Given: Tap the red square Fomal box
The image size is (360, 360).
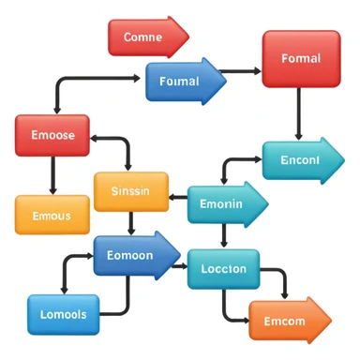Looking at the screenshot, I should pyautogui.click(x=300, y=58).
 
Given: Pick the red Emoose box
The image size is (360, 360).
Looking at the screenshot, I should pyautogui.click(x=52, y=135).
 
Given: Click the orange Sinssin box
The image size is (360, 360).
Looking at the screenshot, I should pyautogui.click(x=131, y=191).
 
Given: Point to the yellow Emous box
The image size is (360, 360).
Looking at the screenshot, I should pyautogui.click(x=52, y=215).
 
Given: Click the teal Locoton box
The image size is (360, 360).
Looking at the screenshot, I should pyautogui.click(x=224, y=269).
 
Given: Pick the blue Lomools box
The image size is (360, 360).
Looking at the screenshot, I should pyautogui.click(x=64, y=315).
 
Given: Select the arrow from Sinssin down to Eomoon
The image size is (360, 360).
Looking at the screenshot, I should pyautogui.click(x=131, y=223).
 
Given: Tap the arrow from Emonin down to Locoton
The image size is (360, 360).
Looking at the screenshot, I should pyautogui.click(x=222, y=236).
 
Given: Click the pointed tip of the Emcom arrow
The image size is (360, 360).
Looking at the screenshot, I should pyautogui.click(x=330, y=321).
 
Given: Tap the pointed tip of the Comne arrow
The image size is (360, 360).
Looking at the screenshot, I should pyautogui.click(x=187, y=37).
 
